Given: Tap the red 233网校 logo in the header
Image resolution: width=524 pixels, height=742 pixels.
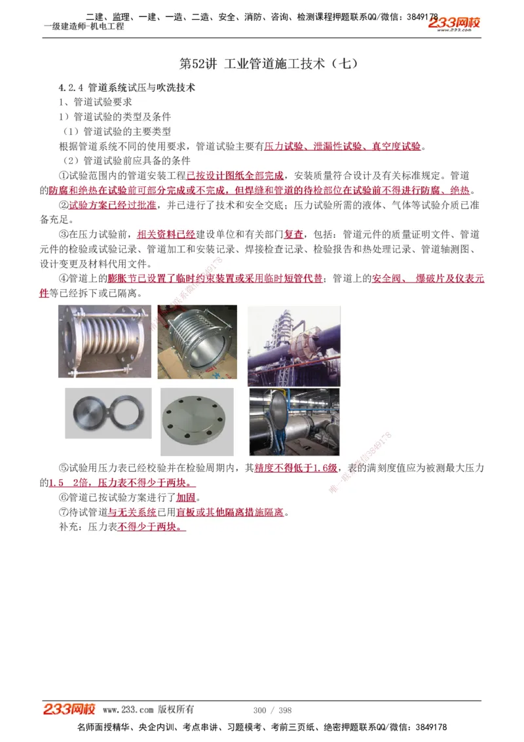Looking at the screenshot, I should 454,24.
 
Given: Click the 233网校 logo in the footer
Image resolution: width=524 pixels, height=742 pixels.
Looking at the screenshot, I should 69,709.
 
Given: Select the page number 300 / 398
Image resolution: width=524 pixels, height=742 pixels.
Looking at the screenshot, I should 272,710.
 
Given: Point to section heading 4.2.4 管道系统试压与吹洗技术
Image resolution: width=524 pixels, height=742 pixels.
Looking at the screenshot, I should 126,87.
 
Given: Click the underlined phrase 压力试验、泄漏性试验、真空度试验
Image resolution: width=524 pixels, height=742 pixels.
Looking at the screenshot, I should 343,146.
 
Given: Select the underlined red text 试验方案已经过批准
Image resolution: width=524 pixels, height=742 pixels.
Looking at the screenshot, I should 113,205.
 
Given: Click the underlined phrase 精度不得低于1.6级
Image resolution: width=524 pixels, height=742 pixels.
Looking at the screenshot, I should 295,468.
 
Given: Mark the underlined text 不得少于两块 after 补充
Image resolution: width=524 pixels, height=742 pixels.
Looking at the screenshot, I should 151,526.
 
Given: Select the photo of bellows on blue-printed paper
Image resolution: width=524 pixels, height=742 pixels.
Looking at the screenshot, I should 197,343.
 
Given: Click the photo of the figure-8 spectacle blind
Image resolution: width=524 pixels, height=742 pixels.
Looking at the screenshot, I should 108,413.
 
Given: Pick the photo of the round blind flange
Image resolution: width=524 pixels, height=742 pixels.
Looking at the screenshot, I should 196,421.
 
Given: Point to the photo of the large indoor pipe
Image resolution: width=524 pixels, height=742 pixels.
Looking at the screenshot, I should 293,421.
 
